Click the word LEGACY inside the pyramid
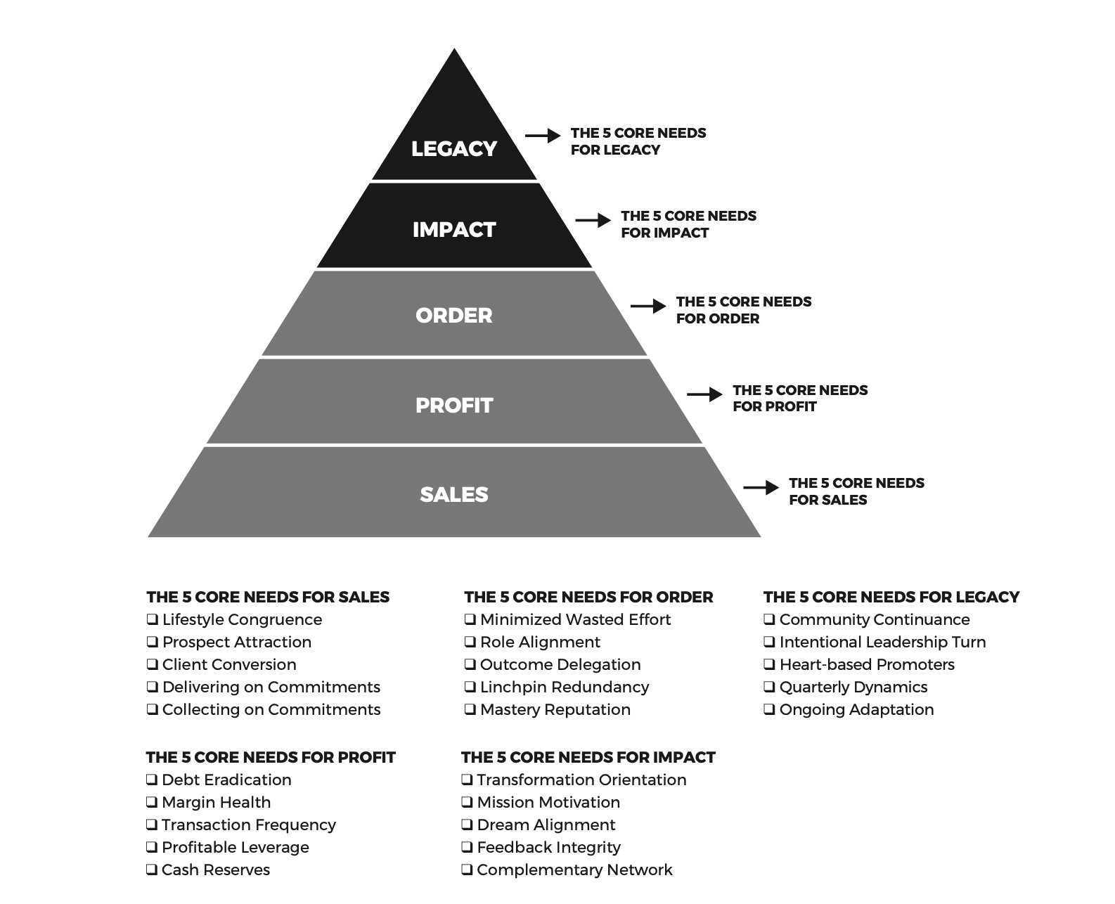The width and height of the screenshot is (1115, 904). coord(454,149)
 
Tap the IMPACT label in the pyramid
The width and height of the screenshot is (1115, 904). coord(454,230)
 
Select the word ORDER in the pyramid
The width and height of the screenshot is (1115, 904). coord(454,316)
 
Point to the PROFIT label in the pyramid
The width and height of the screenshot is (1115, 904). coord(454,406)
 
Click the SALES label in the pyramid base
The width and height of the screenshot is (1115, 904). coord(454,495)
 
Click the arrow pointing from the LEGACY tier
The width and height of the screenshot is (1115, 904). coord(543,136)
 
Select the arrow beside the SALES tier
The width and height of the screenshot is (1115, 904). coord(761,488)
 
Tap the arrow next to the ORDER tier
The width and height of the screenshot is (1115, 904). coord(648,306)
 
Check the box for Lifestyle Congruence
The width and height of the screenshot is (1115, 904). coord(152,619)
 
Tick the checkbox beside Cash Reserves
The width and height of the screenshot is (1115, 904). coord(151,870)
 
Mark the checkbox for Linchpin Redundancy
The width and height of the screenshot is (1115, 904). coord(470,687)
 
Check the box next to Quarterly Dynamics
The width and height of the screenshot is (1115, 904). coord(769,687)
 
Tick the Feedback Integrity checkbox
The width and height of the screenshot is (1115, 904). coord(467,847)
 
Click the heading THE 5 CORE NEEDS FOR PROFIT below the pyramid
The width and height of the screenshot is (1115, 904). coord(271,757)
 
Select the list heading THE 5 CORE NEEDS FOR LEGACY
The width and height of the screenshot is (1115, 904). coord(891,597)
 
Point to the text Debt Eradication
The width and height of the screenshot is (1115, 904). coord(226,780)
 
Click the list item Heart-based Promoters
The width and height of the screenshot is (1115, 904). coord(867,664)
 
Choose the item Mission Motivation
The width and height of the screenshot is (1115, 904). coord(548,802)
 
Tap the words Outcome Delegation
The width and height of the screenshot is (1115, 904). coord(560,664)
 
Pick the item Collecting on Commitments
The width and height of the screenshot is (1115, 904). coord(271,709)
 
